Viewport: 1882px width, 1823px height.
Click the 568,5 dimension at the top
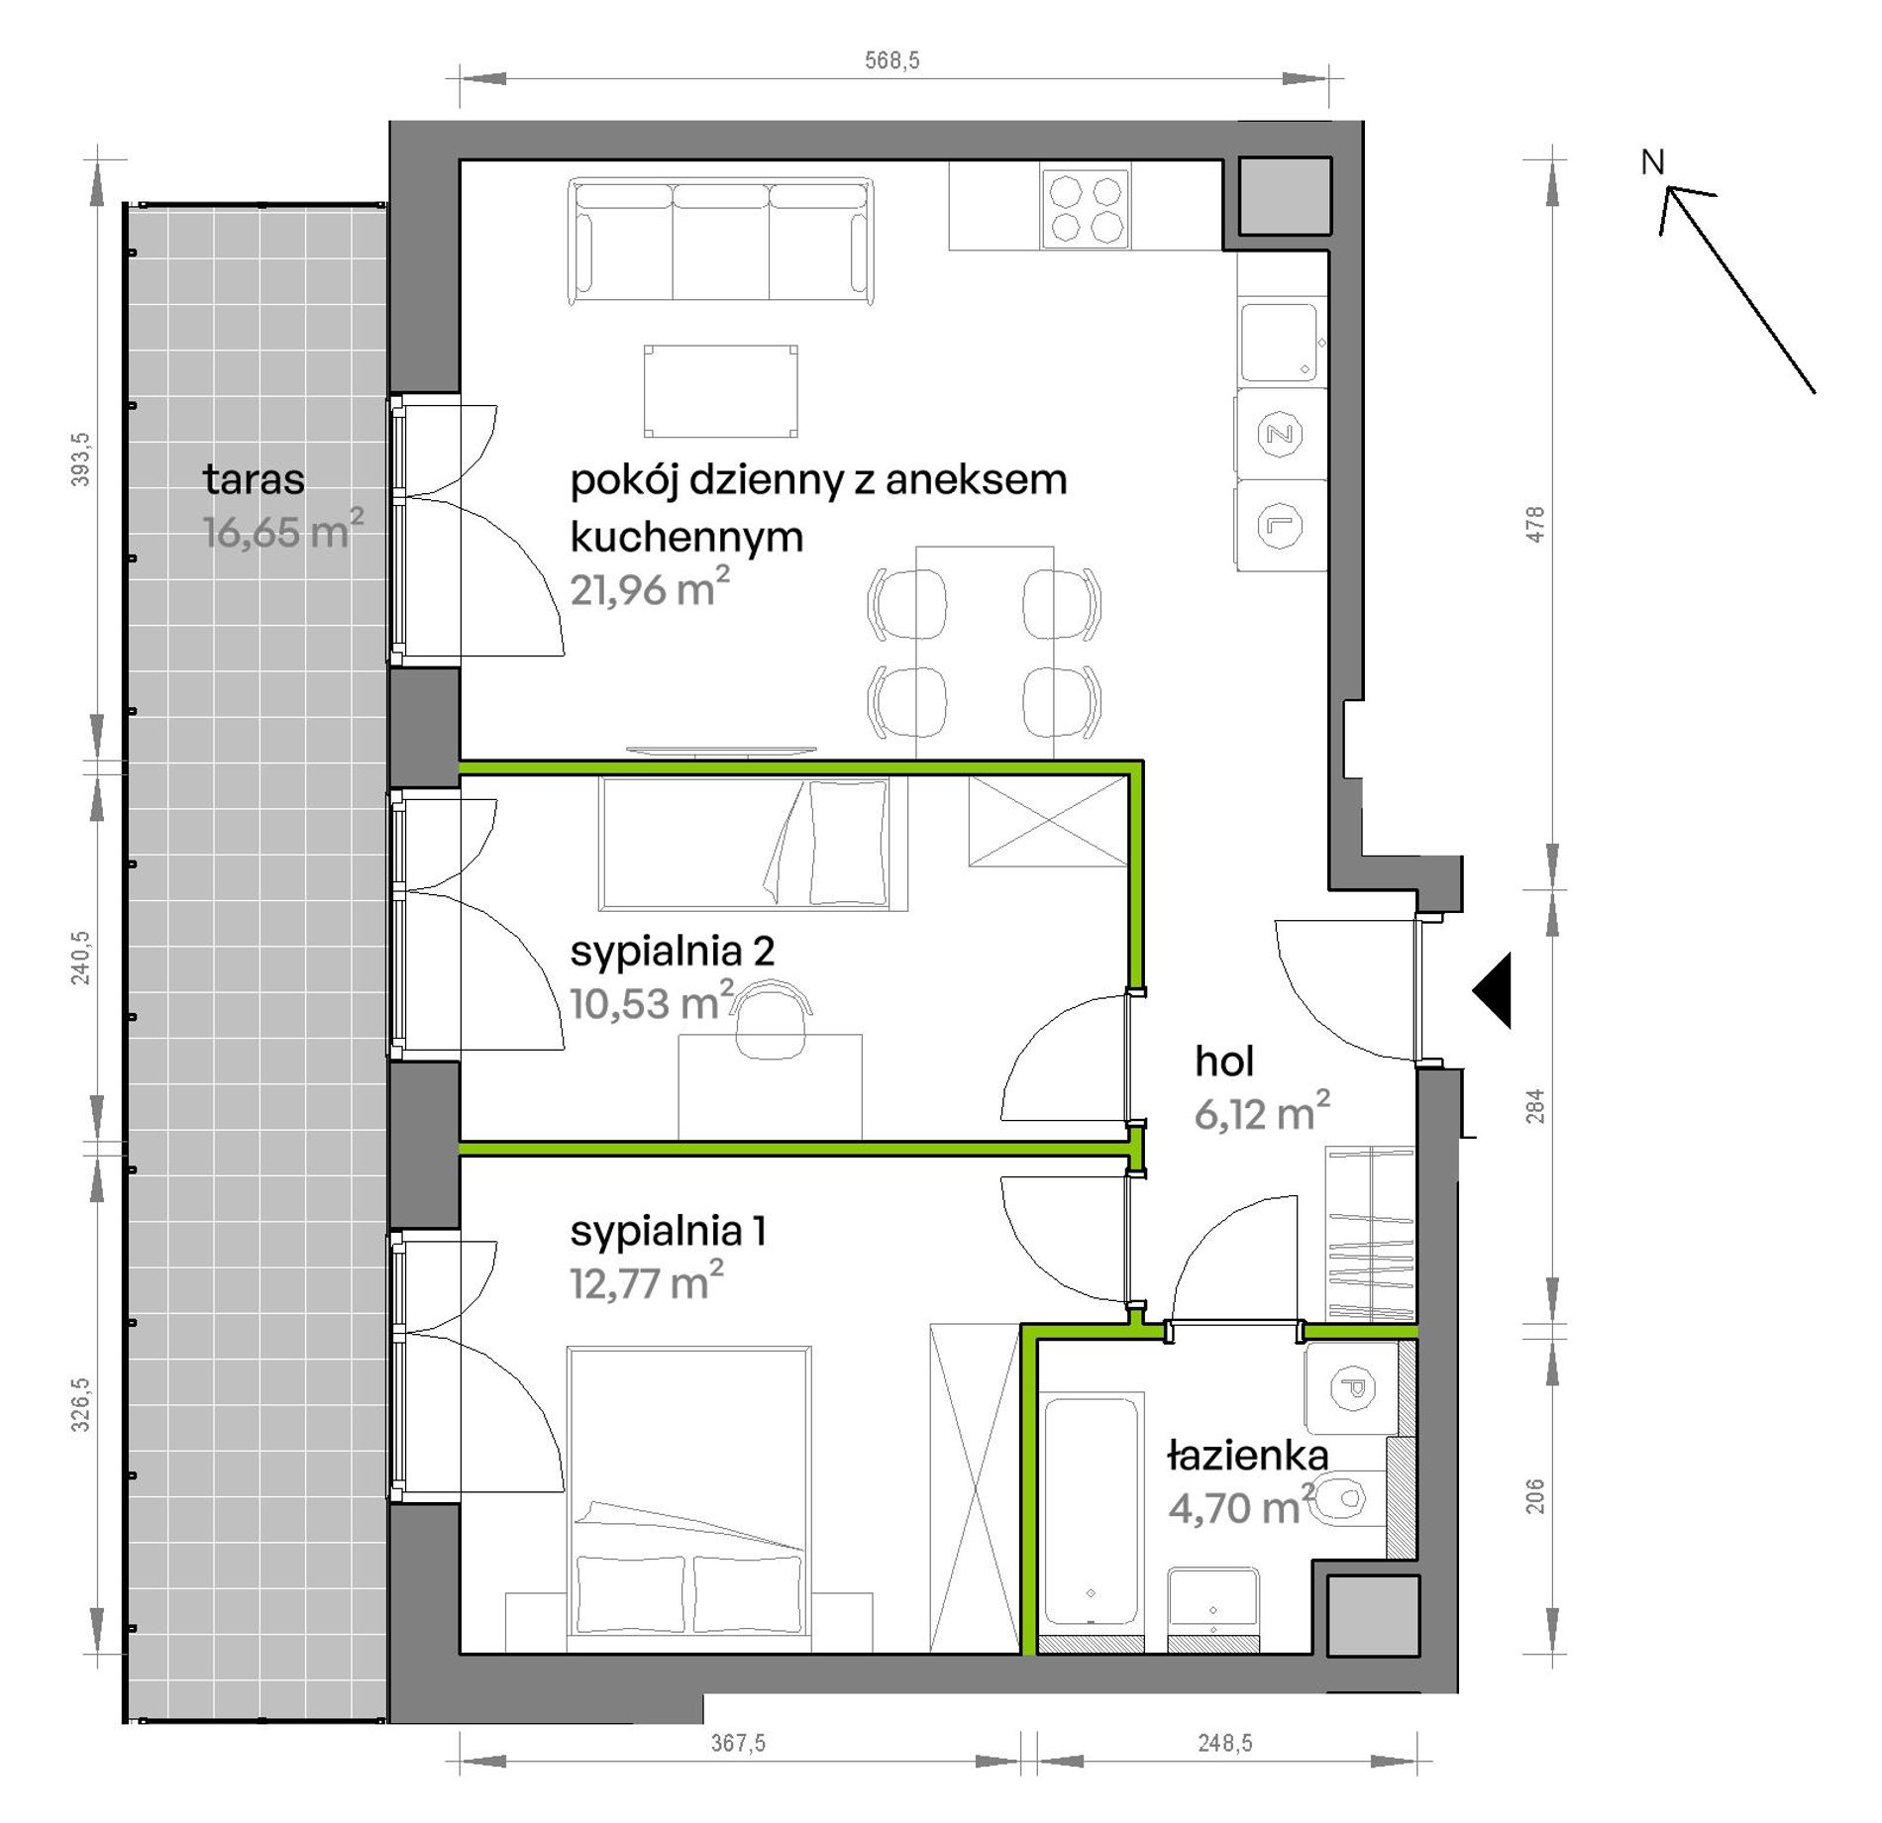click(x=891, y=60)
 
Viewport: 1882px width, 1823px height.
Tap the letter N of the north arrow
click(x=1652, y=162)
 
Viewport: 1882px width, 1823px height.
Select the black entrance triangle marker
click(x=1492, y=990)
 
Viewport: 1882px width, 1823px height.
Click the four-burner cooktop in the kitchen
click(x=1086, y=206)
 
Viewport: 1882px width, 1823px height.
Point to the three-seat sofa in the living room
click(x=721, y=241)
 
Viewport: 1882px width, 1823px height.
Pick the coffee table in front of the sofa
click(x=721, y=391)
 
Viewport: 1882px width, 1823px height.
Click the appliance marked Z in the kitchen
click(x=1280, y=434)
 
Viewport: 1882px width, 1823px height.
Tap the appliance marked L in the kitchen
click(x=1280, y=525)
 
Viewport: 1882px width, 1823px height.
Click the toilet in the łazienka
click(x=1351, y=1498)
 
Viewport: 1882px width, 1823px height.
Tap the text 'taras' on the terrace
click(x=254, y=479)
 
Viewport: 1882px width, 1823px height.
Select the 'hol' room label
click(x=1224, y=1062)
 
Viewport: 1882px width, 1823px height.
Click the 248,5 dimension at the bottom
click(x=1225, y=1743)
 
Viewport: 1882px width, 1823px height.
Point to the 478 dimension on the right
click(x=1534, y=524)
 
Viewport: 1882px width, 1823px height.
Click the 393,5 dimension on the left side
click(x=80, y=459)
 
